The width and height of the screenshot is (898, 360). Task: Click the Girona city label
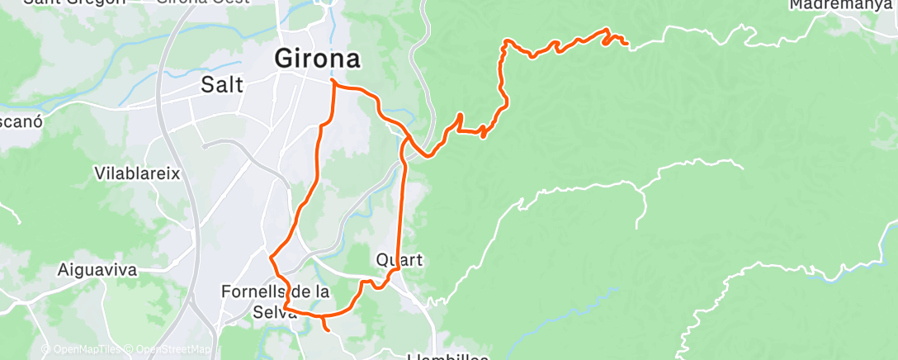(x=317, y=59)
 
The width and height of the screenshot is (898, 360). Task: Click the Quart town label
(x=399, y=259)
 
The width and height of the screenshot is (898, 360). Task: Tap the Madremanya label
(x=840, y=5)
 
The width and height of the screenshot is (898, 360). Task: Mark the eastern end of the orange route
(x=626, y=43)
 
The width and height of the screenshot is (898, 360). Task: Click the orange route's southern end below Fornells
(x=328, y=331)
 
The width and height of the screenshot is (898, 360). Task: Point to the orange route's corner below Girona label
(x=333, y=82)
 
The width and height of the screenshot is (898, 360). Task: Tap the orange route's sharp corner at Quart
(x=399, y=268)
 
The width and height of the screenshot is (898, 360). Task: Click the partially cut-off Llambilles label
(x=448, y=356)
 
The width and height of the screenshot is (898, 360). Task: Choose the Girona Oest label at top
(x=190, y=2)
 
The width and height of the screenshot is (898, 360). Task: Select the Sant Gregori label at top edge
(x=74, y=2)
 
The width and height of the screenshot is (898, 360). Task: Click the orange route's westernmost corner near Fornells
(x=272, y=256)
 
